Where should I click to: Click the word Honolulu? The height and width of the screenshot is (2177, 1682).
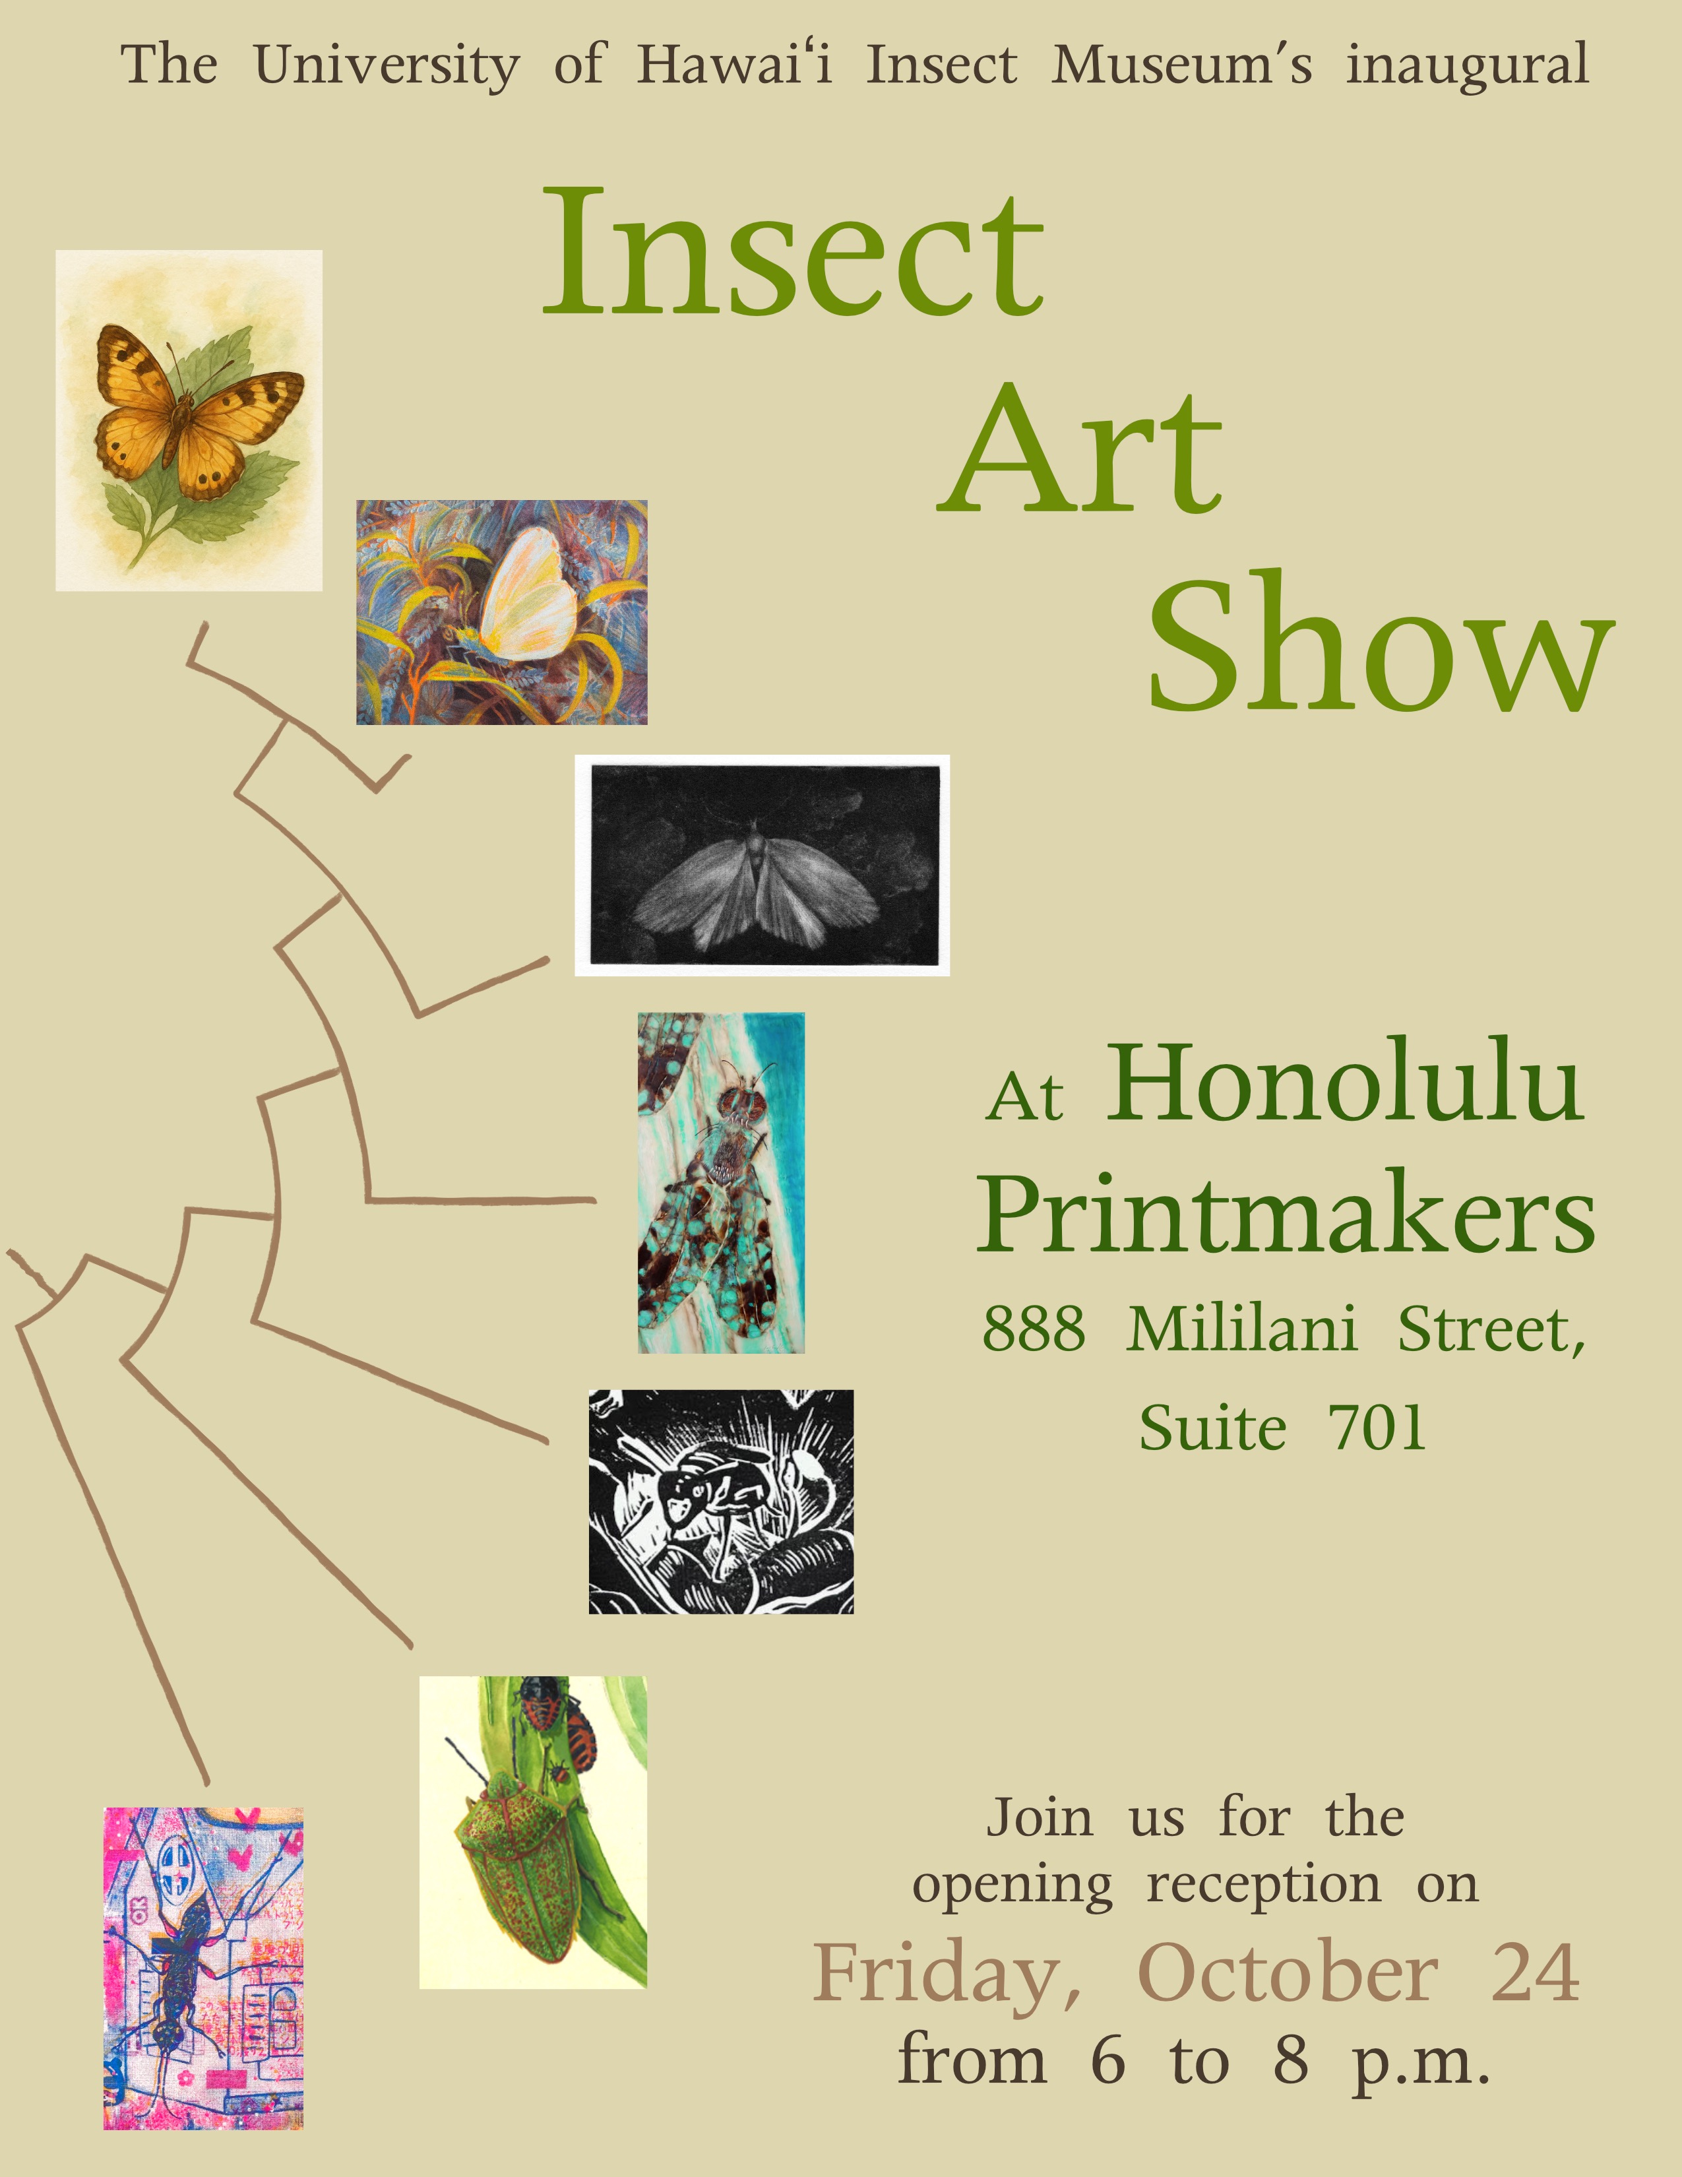pyautogui.click(x=1345, y=1083)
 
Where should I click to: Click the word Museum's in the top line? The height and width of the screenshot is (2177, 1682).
pyautogui.click(x=1182, y=66)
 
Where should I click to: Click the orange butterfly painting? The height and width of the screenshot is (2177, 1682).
pyautogui.click(x=189, y=421)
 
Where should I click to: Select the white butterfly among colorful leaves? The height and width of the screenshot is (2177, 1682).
pyautogui.click(x=502, y=612)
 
